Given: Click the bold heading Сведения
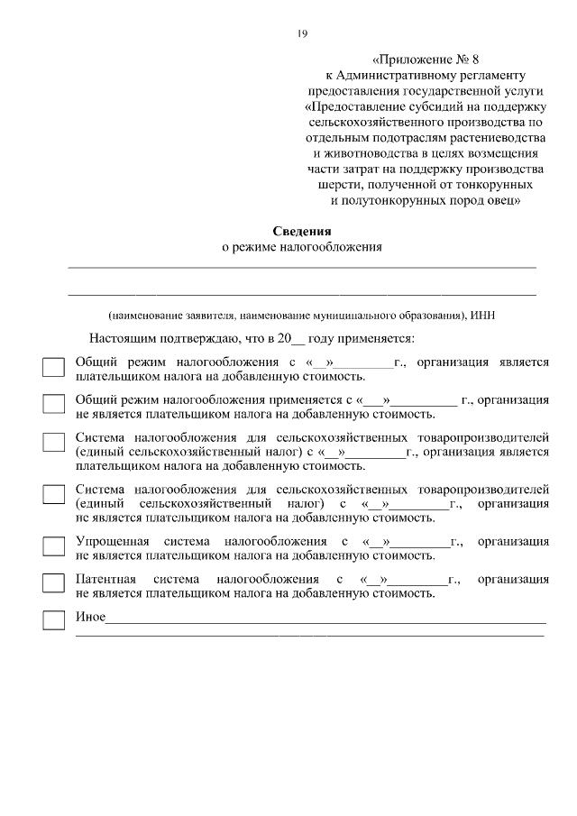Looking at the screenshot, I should click(302, 232).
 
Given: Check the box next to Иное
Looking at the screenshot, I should click(54, 619).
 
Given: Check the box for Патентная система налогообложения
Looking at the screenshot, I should click(54, 582).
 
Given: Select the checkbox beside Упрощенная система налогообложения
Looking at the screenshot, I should click(54, 546).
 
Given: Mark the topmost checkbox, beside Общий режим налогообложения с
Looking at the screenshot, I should click(54, 367).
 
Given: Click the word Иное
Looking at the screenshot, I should click(90, 617).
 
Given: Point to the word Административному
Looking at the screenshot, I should click(413, 75).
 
